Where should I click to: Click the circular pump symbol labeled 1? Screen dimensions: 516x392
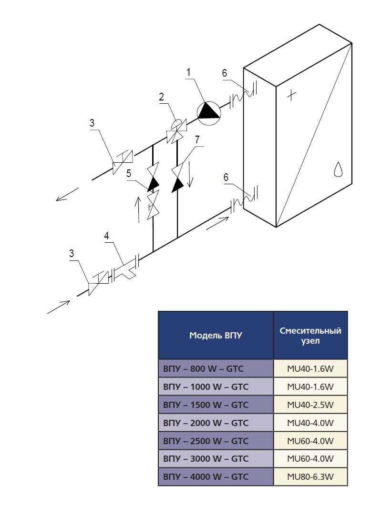click(209, 113)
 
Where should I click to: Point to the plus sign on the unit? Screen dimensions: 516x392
click(291, 95)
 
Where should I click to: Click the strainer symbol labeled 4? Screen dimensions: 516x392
click(125, 269)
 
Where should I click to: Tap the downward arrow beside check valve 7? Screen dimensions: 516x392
click(190, 175)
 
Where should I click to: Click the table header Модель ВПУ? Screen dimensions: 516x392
click(216, 335)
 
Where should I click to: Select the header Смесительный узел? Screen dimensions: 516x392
click(310, 335)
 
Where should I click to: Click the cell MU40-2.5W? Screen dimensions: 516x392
click(310, 405)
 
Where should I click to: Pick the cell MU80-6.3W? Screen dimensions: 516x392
click(310, 477)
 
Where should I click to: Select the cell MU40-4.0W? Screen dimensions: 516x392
click(310, 423)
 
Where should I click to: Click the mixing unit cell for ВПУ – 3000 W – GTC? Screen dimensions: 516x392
click(310, 459)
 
